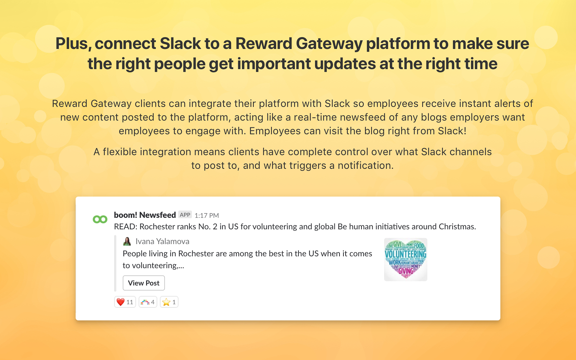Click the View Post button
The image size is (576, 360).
pyautogui.click(x=144, y=283)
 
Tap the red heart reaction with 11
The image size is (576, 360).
pyautogui.click(x=125, y=302)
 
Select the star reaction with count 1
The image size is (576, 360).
pyautogui.click(x=169, y=302)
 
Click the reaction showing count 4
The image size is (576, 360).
pyautogui.click(x=148, y=302)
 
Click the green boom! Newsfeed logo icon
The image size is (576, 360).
pyautogui.click(x=100, y=219)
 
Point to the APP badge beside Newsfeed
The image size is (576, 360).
pyautogui.click(x=185, y=215)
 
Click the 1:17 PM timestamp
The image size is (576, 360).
pyautogui.click(x=207, y=216)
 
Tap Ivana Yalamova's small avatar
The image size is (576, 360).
pyautogui.click(x=127, y=241)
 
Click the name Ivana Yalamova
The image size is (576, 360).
pyautogui.click(x=162, y=242)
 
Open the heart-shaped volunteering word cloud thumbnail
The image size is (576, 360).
pyautogui.click(x=406, y=260)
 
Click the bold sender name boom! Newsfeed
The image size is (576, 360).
pyautogui.click(x=145, y=215)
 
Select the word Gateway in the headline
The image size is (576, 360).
pyautogui.click(x=329, y=44)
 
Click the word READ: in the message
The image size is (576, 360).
pyautogui.click(x=126, y=227)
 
